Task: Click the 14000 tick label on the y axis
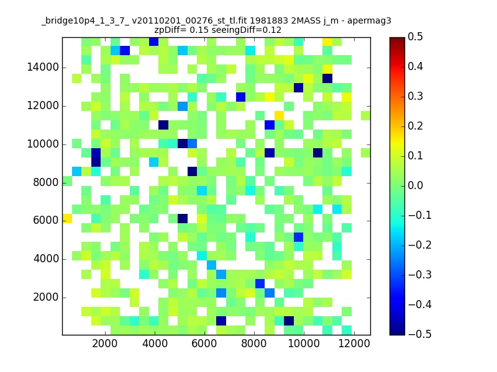[x=43, y=68]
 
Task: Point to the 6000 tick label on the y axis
[x=45, y=221]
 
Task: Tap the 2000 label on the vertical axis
[x=45, y=298]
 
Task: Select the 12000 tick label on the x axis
[x=354, y=343]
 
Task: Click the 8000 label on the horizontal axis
[x=254, y=343]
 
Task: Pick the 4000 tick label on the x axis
[x=155, y=343]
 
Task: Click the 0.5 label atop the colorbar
[x=415, y=37]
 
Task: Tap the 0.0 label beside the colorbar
[x=415, y=185]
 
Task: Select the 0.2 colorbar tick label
[x=415, y=126]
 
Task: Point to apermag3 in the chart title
[x=369, y=22]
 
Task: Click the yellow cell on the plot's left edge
[x=67, y=219]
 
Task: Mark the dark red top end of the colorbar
[x=397, y=39]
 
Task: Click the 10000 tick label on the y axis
[x=43, y=144]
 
